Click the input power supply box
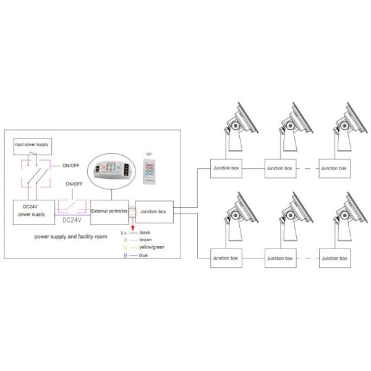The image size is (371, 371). (x=33, y=147)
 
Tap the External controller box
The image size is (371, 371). (x=109, y=211)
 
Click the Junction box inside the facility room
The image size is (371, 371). (x=153, y=211)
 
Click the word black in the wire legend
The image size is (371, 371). (x=146, y=232)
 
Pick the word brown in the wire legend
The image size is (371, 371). (x=147, y=240)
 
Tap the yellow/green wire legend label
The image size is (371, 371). (x=152, y=247)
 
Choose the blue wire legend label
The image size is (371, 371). (x=143, y=255)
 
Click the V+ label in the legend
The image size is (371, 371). (x=124, y=232)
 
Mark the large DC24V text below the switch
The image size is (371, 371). (x=72, y=220)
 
